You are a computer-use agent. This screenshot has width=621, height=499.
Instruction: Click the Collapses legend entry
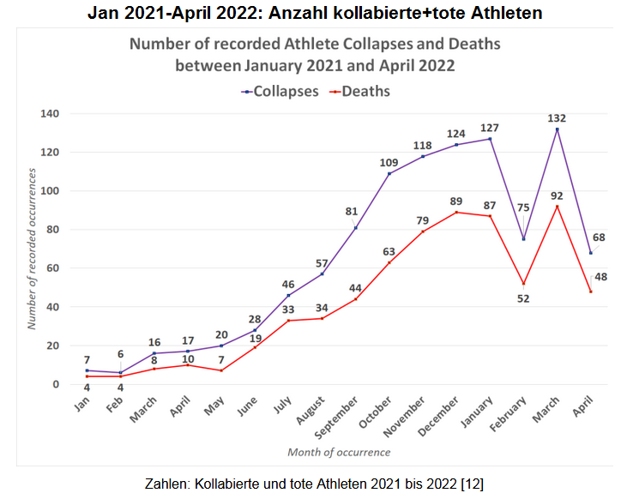(x=280, y=91)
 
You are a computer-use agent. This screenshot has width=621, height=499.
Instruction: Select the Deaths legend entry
(x=360, y=91)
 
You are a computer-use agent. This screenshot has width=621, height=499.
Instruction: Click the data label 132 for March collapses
(x=558, y=118)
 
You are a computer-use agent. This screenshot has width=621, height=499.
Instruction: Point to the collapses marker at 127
(x=490, y=139)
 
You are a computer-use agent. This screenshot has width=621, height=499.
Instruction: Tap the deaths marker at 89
(x=456, y=212)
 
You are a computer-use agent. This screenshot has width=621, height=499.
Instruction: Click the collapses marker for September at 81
(x=356, y=227)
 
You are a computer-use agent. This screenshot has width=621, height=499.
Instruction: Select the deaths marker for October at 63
(x=389, y=262)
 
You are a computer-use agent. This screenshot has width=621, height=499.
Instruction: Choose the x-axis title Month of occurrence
(x=338, y=452)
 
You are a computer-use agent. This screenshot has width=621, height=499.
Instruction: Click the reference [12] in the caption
(x=473, y=484)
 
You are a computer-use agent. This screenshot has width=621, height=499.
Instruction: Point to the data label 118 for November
(x=423, y=145)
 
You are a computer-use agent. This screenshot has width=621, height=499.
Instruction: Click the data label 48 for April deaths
(x=600, y=277)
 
